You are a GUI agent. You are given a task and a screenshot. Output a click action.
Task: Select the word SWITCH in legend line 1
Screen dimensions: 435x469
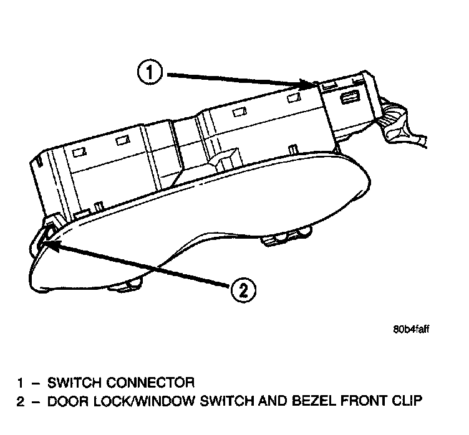(77, 382)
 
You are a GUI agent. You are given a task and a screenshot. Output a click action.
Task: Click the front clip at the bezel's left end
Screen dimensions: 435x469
(44, 237)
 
